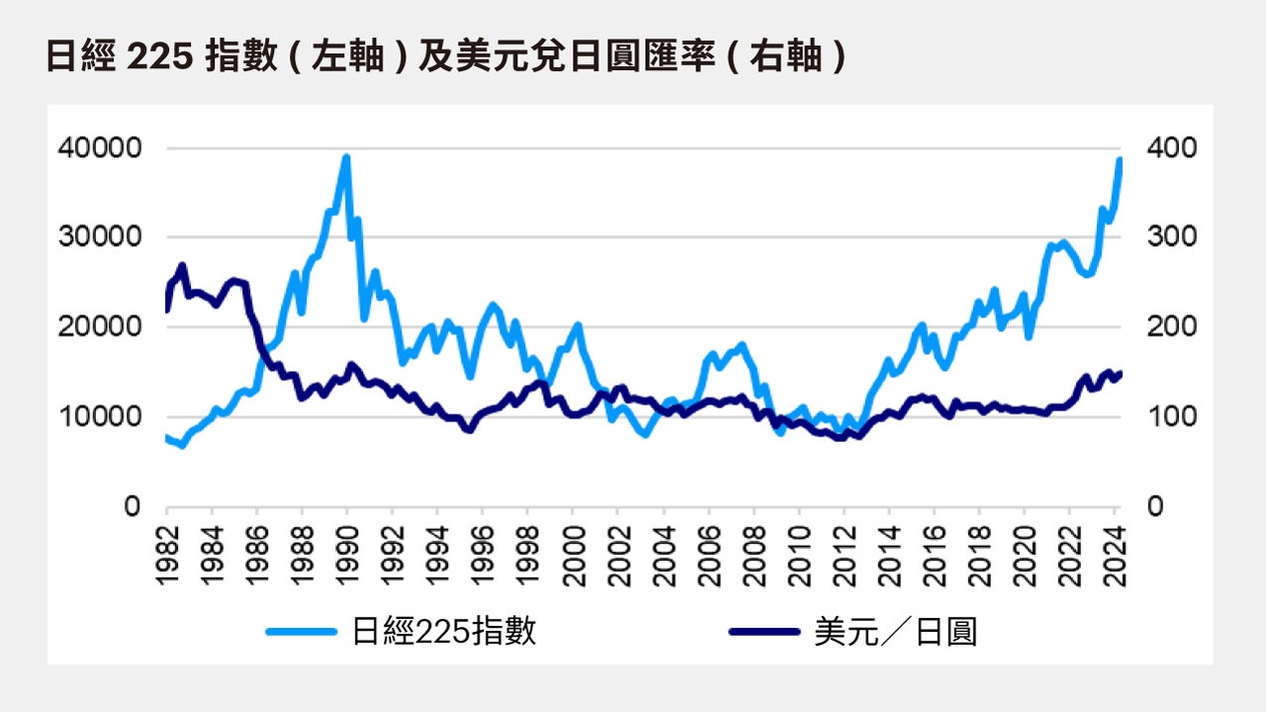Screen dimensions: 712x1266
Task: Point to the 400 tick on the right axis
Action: click(x=1172, y=148)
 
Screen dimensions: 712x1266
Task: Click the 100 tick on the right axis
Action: click(x=1172, y=416)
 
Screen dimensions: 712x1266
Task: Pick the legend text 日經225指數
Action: click(x=444, y=631)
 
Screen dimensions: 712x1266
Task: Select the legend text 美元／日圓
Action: click(x=895, y=631)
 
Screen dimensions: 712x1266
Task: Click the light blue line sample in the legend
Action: click(x=303, y=631)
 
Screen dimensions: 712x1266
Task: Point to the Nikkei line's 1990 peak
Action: click(x=346, y=157)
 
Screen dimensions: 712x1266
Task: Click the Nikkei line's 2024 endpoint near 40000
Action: click(x=1120, y=160)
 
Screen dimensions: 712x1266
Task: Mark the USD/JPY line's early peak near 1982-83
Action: click(x=182, y=265)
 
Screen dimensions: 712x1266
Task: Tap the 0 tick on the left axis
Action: click(x=133, y=506)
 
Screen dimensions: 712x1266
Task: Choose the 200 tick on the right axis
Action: click(x=1172, y=327)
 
